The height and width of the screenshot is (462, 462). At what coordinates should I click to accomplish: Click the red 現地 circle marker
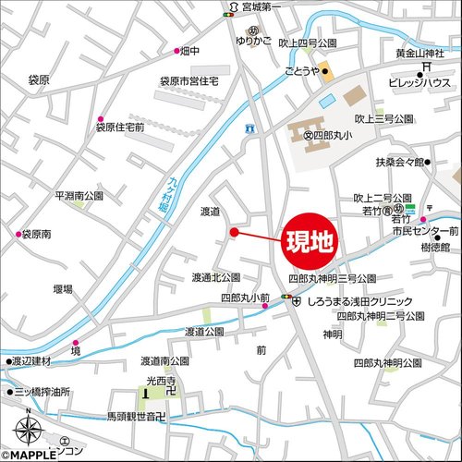[310, 244]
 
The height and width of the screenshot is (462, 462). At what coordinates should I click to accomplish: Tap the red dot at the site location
[234, 231]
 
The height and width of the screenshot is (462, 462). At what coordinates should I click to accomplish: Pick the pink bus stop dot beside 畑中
[176, 51]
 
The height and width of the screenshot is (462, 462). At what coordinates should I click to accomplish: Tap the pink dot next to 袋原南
[17, 235]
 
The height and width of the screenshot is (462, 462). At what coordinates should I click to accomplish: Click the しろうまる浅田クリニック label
[359, 301]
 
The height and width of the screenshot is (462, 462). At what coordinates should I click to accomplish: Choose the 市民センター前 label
[426, 229]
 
